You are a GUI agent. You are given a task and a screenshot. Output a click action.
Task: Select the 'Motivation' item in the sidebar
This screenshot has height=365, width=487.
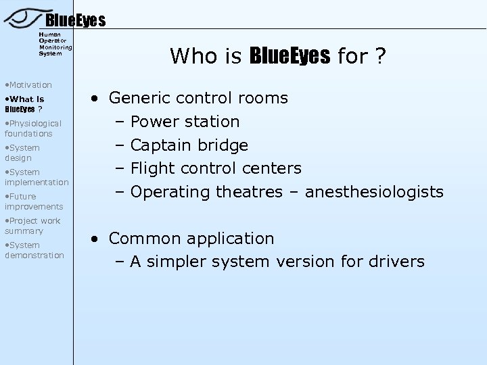pos(28,84)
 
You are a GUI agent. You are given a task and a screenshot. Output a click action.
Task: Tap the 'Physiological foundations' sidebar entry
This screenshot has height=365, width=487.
pos(33,128)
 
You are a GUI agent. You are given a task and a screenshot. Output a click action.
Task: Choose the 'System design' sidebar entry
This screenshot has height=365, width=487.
pos(22,153)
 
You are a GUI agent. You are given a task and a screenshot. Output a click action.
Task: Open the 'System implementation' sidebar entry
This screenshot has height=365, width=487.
pos(37,177)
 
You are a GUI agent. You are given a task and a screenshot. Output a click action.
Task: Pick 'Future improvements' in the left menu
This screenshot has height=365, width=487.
pos(34,201)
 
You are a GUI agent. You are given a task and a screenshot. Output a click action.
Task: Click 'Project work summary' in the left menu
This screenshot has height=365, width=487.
pos(32,226)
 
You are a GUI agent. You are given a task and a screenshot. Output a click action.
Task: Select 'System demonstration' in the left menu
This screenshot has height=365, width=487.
pos(34,250)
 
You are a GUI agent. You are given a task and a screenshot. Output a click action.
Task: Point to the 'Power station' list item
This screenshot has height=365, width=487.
pos(185,122)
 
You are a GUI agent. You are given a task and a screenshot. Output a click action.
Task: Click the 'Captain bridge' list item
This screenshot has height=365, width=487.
pos(189,145)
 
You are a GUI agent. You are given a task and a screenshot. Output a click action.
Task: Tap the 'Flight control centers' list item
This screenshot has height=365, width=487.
pos(215,168)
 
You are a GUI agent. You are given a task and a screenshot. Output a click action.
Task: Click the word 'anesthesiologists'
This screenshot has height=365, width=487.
pos(374,192)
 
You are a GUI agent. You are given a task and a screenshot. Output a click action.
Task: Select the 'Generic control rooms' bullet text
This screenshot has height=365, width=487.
pos(198,98)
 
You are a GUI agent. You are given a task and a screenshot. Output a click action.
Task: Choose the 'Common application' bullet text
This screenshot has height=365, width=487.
pos(191,239)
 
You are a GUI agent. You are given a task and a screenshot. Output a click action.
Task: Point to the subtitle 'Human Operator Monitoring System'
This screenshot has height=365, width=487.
pos(55,43)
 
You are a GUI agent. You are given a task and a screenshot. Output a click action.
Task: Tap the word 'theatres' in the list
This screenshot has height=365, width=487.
pos(250,192)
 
